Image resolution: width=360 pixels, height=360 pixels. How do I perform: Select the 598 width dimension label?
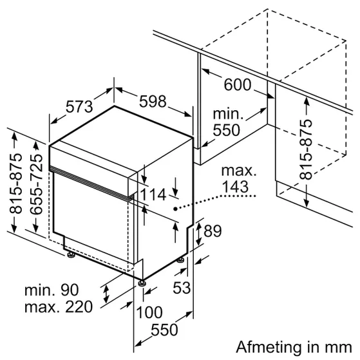tap(153, 101)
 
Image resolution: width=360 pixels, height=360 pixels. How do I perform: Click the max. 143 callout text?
tap(238, 179)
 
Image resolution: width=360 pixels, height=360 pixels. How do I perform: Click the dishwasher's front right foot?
tap(140, 282)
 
